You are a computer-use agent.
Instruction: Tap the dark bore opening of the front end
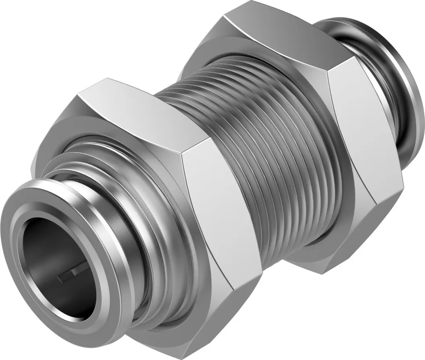pos(52,257)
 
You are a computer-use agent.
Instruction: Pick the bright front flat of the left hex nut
pos(219,209)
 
